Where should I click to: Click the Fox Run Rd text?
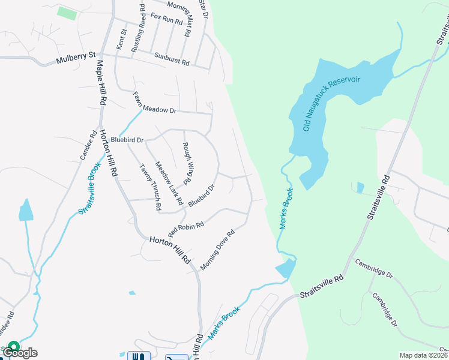coord(166,19)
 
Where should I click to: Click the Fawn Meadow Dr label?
coord(154,103)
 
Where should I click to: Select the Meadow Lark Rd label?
coord(168,182)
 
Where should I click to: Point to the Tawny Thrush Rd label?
coord(150,187)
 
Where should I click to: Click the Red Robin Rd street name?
coord(186,228)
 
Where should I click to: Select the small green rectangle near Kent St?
coord(67,13)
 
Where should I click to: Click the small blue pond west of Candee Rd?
coord(25,211)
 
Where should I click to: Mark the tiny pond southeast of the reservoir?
coord(359,188)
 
